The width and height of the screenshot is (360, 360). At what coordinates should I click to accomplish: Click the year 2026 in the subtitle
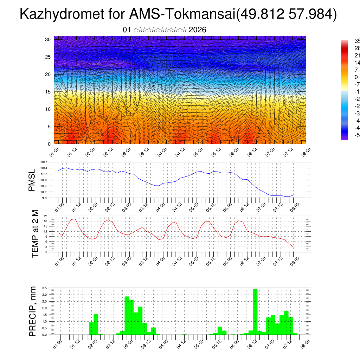coord(197,30)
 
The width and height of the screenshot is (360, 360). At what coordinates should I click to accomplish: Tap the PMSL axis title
coord(32,180)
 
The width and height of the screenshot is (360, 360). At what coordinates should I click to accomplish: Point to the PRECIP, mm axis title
coord(33,311)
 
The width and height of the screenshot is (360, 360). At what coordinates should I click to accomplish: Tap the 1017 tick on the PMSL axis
coord(44,162)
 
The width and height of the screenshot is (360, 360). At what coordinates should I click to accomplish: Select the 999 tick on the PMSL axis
coord(44,198)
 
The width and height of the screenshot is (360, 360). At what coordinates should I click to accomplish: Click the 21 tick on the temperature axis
coord(46,216)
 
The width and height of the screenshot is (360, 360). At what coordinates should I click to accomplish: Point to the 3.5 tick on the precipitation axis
coord(44,288)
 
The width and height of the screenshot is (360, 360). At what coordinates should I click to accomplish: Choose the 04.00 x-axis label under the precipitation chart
coord(163,343)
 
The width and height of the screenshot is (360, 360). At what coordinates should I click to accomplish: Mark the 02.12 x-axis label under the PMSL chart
coord(109,206)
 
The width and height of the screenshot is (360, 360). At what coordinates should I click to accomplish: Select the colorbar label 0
coord(356,77)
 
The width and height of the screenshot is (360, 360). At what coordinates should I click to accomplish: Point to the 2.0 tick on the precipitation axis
coord(44,308)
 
